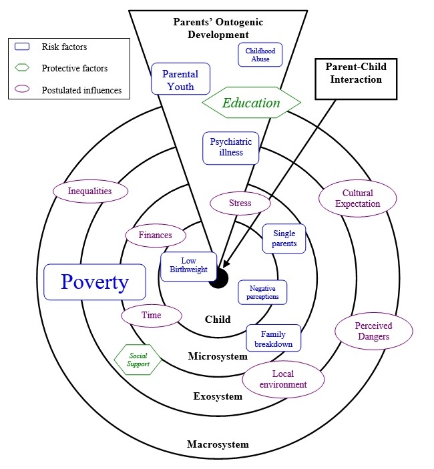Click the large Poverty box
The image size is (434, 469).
coord(94,282)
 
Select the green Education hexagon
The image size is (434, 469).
coord(251,103)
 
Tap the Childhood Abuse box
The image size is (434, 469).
coord(260,55)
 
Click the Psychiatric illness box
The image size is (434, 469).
coord(231,147)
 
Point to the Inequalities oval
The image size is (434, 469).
coord(90,191)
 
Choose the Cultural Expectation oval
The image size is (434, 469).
coord(357,198)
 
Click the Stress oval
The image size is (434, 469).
coord(240,202)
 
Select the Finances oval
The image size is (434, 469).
coord(155,235)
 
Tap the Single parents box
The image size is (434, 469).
coord(284,239)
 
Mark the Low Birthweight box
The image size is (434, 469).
coord(188,266)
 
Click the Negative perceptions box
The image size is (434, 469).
coord(263,292)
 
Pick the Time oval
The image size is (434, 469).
coord(151,316)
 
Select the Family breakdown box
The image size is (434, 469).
coord(273,338)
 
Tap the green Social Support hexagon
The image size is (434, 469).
coord(138,360)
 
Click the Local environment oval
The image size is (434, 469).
coord(283,379)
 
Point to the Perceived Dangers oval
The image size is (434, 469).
coord(373,332)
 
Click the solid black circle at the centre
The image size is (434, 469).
coord(218,279)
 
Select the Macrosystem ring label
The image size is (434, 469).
coord(218,444)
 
